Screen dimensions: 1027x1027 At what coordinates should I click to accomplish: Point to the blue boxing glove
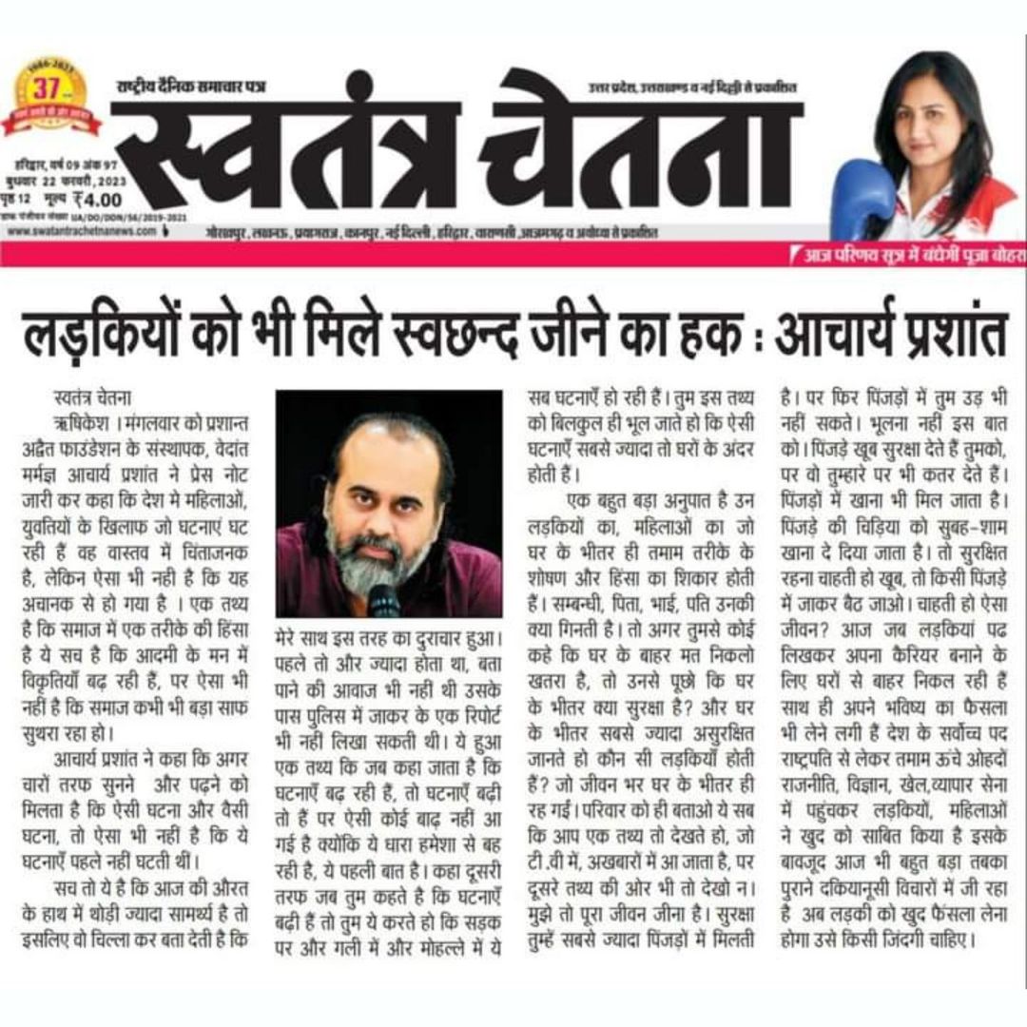861,197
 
